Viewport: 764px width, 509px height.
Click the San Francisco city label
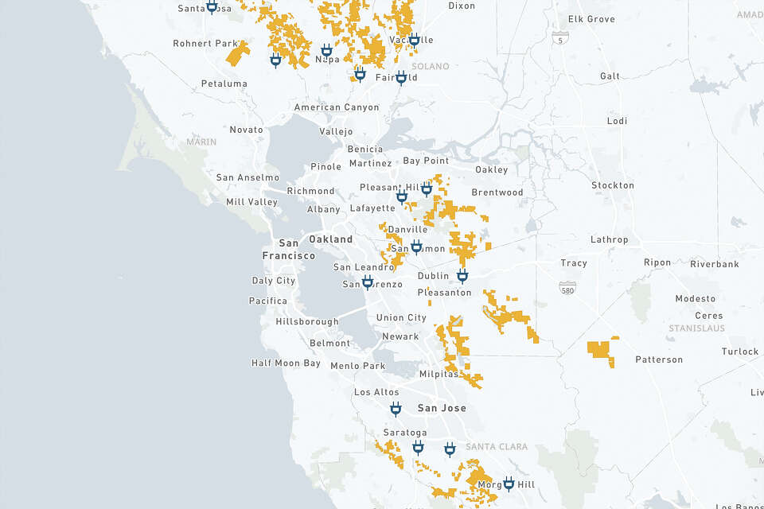288,249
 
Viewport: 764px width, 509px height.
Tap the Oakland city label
330,239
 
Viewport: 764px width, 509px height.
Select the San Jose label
442,408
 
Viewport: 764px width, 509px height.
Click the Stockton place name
613,185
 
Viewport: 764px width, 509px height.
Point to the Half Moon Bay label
286,363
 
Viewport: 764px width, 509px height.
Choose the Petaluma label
224,84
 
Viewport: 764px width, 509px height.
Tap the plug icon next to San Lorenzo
367,282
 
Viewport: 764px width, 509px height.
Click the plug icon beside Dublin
462,276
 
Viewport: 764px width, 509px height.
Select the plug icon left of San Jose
396,409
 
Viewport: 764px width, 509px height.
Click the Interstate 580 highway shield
567,286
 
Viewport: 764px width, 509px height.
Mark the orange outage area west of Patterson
602,350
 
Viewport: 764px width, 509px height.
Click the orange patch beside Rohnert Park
237,54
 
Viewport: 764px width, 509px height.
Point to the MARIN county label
201,142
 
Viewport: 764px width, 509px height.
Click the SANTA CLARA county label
496,447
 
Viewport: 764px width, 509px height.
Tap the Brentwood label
497,192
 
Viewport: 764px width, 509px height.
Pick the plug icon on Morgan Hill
509,483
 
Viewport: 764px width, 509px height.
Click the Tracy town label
573,263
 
